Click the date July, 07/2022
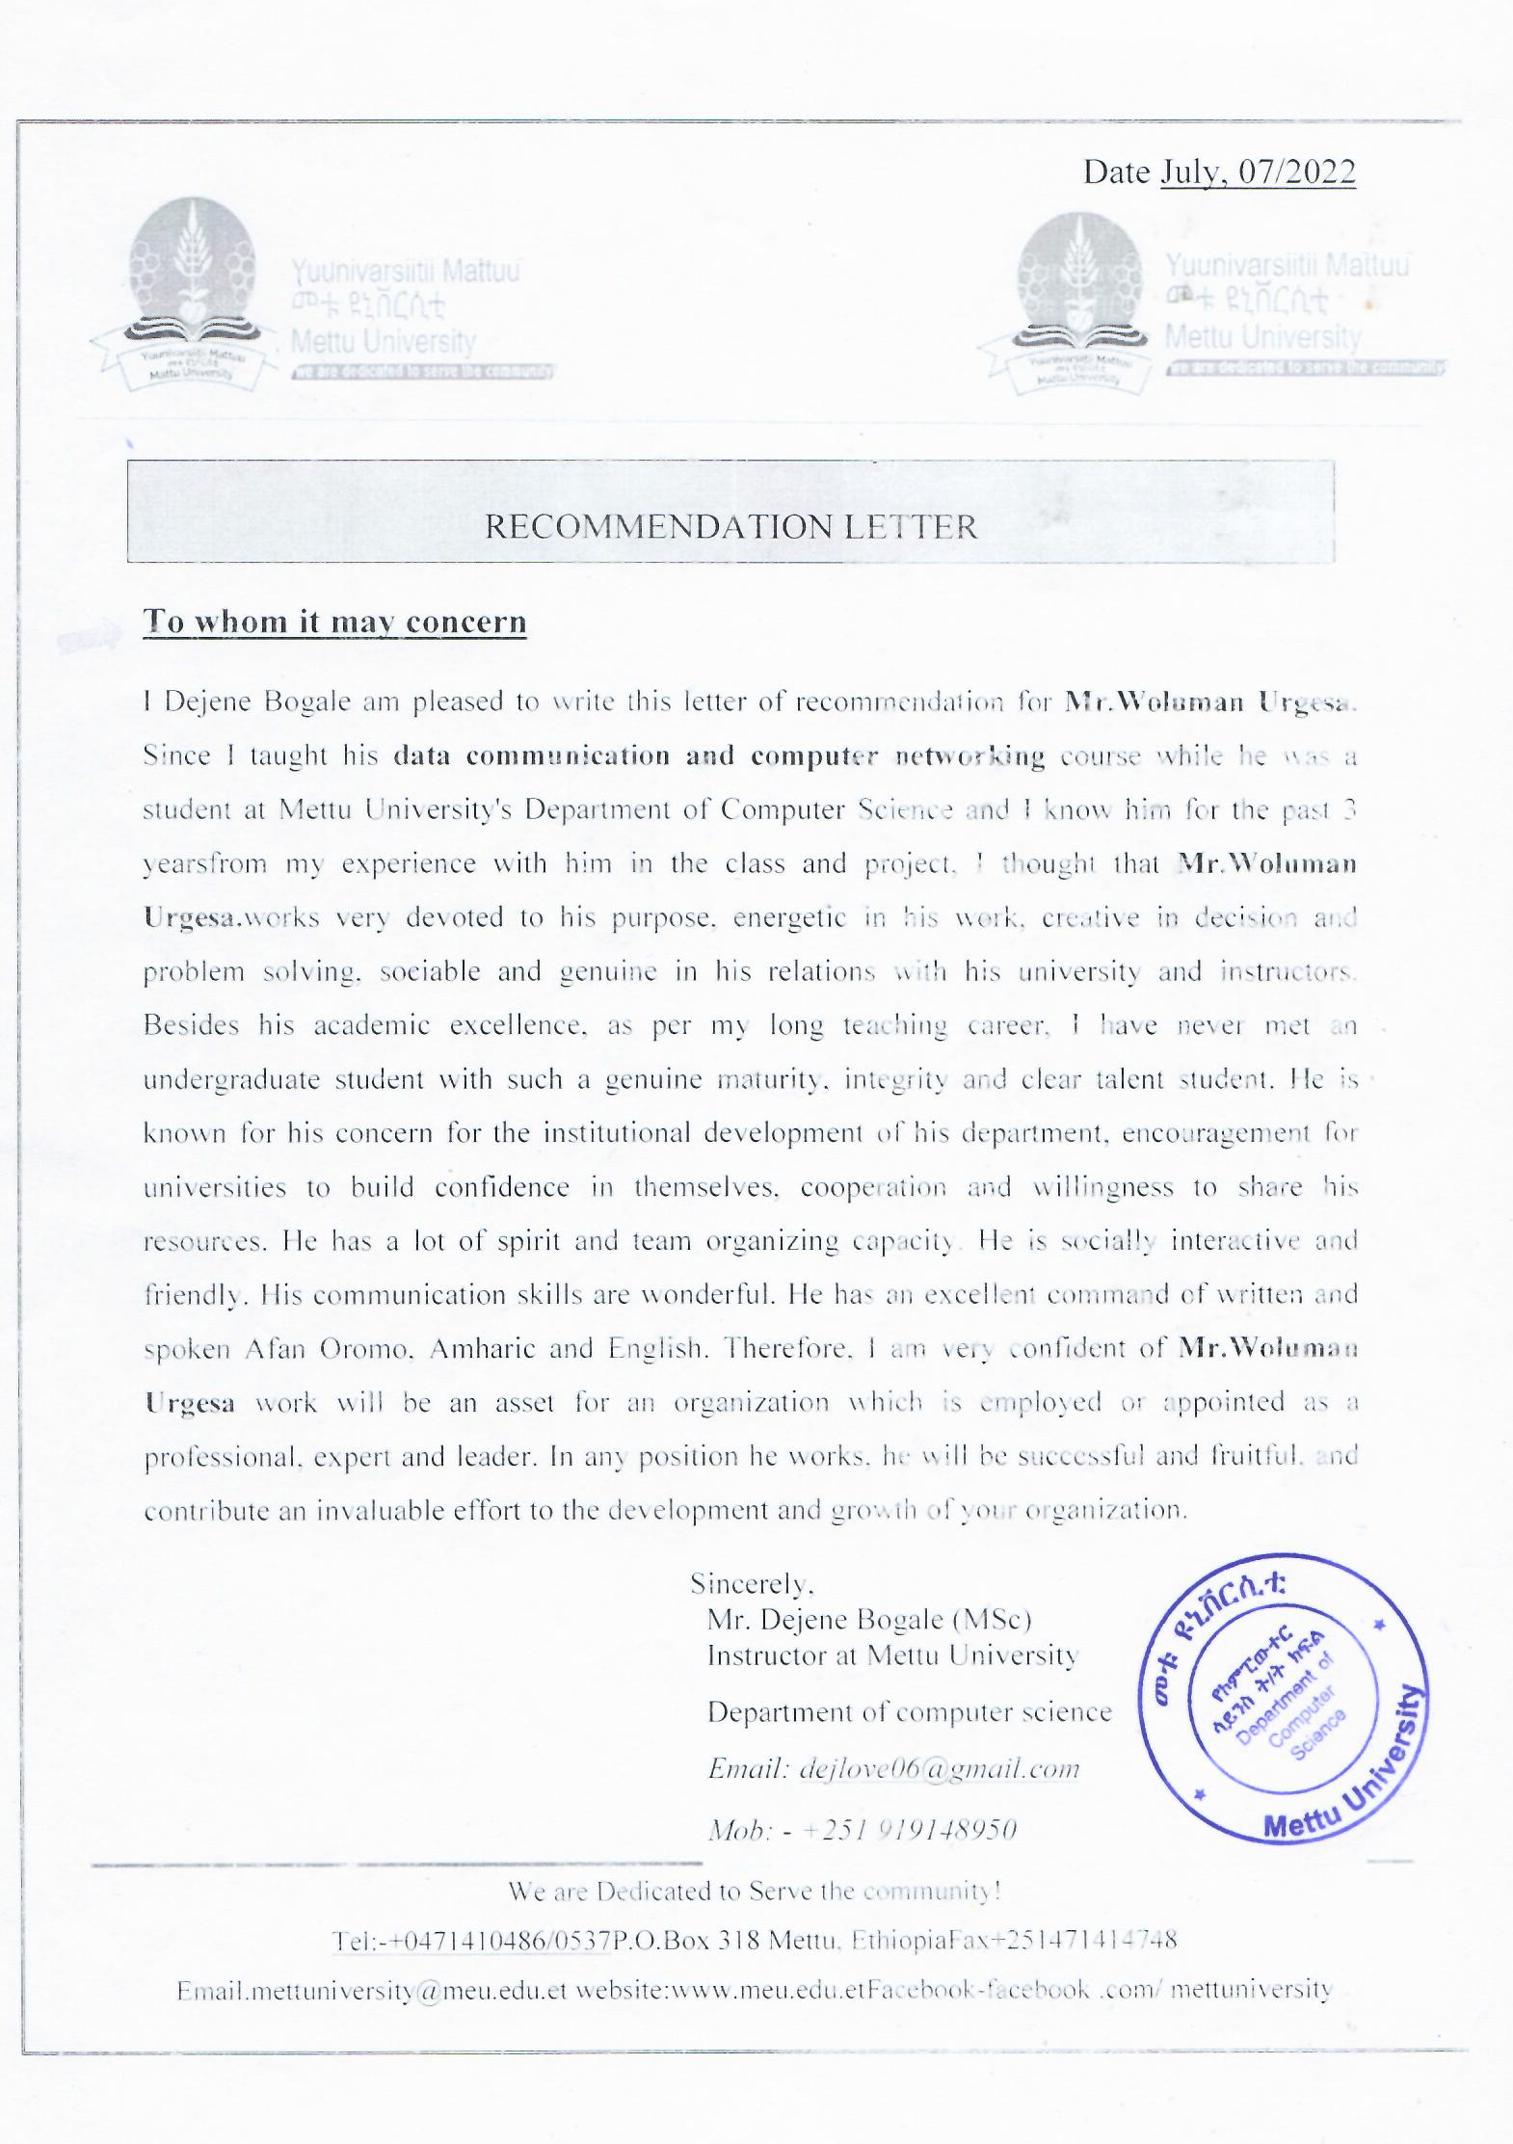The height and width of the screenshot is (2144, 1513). click(x=1258, y=172)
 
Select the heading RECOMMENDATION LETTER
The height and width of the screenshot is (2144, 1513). click(x=730, y=527)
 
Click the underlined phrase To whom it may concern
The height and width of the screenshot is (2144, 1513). click(x=334, y=622)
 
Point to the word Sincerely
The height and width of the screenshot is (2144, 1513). click(x=752, y=1583)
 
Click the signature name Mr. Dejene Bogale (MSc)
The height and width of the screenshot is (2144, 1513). click(x=869, y=1620)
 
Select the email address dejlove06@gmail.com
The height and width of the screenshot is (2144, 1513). click(x=940, y=1768)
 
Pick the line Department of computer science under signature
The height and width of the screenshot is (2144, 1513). click(x=909, y=1712)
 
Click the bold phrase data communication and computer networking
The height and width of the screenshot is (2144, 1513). click(x=719, y=755)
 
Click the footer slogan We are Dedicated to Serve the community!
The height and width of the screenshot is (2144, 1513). click(x=755, y=1891)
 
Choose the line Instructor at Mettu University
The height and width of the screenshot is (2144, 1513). click(x=892, y=1655)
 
